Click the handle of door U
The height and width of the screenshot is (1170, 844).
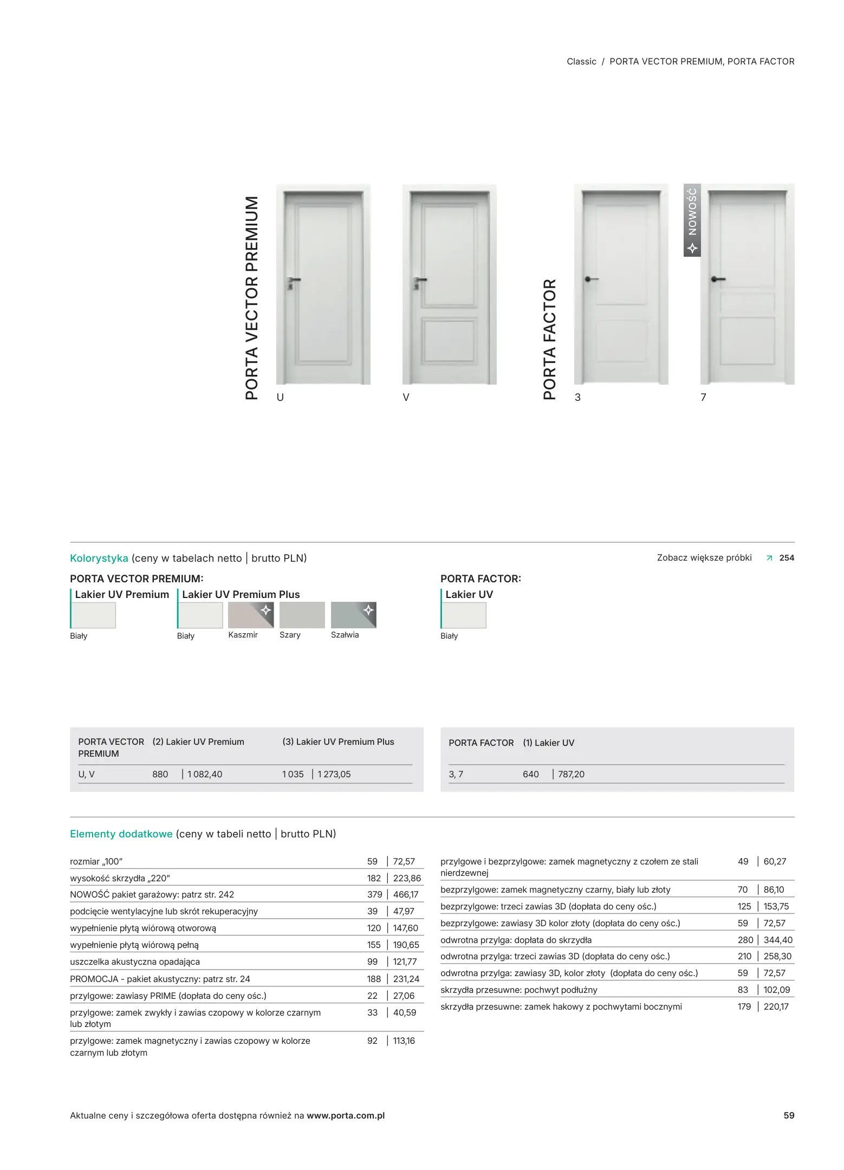[293, 281]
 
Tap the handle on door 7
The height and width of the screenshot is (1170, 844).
[718, 279]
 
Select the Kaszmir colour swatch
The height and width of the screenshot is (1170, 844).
[250, 615]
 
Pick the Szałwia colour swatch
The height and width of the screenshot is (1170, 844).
[353, 615]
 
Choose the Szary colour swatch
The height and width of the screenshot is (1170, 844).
[302, 615]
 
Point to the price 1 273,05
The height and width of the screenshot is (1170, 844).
[334, 774]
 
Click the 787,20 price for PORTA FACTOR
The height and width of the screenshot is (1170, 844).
[571, 774]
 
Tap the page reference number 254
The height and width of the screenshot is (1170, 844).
[787, 558]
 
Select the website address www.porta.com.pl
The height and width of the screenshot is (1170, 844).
[346, 1115]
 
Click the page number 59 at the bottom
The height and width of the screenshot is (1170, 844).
[789, 1115]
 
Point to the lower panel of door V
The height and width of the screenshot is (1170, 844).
[449, 341]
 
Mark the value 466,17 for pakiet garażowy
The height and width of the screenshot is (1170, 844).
[406, 894]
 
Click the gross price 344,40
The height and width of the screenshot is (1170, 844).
[778, 940]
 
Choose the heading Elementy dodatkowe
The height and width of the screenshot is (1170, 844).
[121, 834]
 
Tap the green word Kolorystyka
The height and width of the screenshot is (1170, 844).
[99, 558]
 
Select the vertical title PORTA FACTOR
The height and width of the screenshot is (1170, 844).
[549, 339]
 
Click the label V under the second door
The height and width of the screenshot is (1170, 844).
[406, 397]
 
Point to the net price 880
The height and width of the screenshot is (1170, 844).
[160, 774]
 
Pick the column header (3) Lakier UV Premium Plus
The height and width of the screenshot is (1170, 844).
[338, 742]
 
